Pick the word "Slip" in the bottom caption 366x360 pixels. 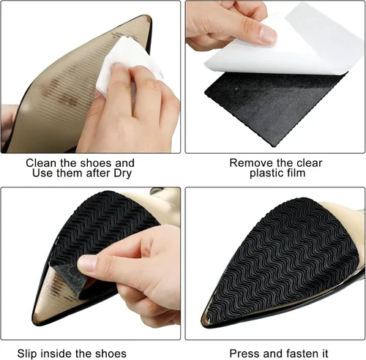[x=27, y=353]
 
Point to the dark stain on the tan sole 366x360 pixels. [x=60, y=93]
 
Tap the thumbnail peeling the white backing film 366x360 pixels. [x=267, y=34]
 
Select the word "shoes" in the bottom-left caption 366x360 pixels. [x=111, y=353]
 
